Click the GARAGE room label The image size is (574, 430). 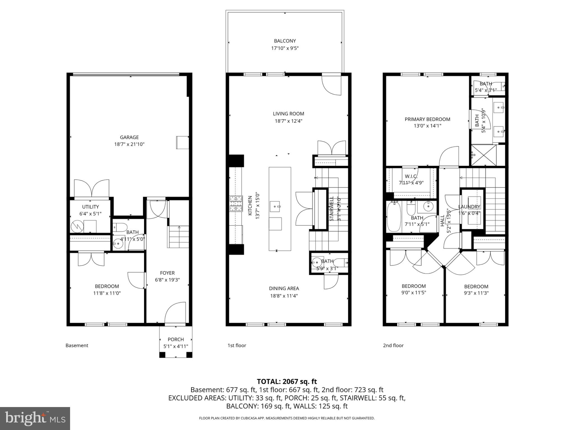[x=129, y=137]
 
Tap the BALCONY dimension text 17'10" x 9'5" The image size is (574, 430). [x=285, y=48]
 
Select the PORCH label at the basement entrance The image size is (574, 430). [x=176, y=339]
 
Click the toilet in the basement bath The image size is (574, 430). [x=121, y=227]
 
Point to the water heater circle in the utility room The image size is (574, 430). [x=77, y=226]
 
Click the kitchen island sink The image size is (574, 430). [x=275, y=206]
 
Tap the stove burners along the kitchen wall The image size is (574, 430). [x=236, y=204]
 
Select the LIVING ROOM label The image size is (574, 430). [x=288, y=114]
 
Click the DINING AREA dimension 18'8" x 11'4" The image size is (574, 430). [x=284, y=296]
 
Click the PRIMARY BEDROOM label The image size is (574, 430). [x=427, y=119]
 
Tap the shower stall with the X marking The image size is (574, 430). [x=483, y=155]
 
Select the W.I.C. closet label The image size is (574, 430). [x=411, y=176]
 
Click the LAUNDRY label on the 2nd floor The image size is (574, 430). [x=469, y=207]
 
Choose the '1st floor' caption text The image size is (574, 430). [x=237, y=345]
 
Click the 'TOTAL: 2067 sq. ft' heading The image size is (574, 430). [x=287, y=381]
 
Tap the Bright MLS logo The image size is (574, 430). [x=35, y=418]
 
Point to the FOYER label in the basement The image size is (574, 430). [x=167, y=273]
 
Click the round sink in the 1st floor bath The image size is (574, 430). [x=317, y=263]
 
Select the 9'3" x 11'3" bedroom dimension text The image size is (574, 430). [x=476, y=293]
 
